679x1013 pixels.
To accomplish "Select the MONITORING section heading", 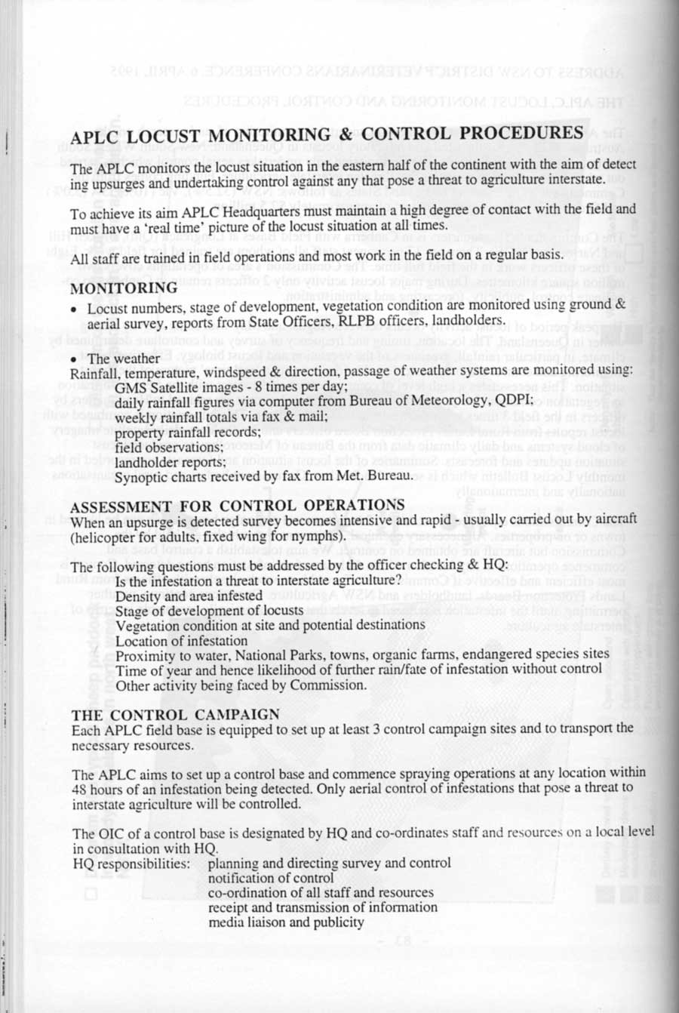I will (x=124, y=288).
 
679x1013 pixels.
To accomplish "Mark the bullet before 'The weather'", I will (x=75, y=359).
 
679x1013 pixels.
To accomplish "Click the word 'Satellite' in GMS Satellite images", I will (x=182, y=387).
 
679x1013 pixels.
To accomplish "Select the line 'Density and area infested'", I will (x=189, y=595).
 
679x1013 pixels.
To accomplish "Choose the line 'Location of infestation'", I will (x=181, y=640).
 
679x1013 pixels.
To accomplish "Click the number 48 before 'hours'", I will (x=80, y=788).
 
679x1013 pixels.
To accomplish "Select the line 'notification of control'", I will (x=271, y=878).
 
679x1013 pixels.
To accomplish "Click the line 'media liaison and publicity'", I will (x=286, y=922).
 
